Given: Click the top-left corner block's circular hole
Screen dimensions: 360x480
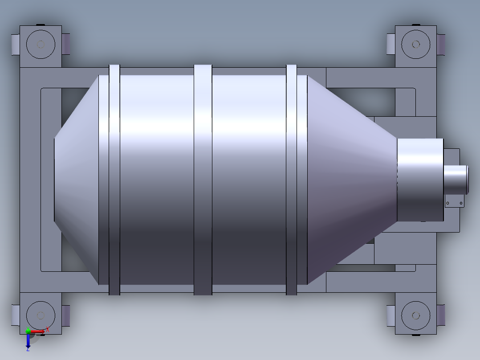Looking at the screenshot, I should tap(41, 44).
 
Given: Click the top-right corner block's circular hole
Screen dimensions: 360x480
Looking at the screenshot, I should tap(416, 44).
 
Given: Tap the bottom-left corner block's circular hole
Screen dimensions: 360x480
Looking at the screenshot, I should tap(41, 315).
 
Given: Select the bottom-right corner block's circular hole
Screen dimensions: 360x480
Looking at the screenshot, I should tap(416, 315).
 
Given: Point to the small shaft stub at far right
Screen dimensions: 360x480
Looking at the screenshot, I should tap(456, 179).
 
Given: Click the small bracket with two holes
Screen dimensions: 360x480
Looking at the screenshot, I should tap(454, 203).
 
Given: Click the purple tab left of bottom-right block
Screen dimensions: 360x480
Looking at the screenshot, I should tap(391, 315).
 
